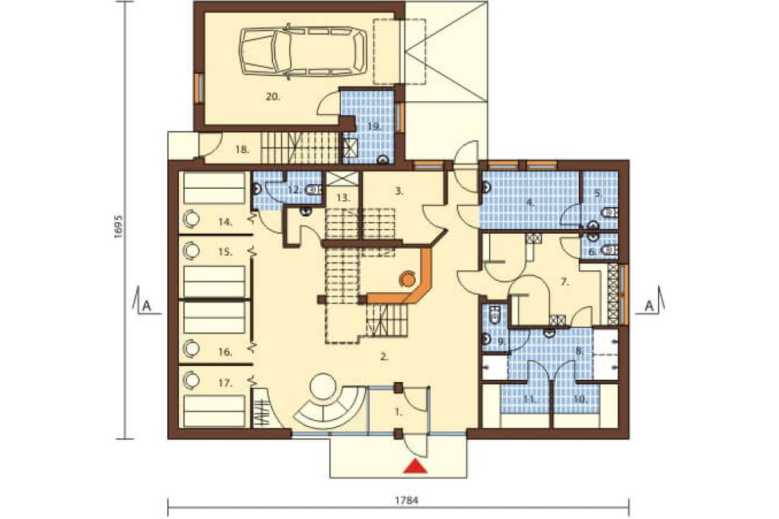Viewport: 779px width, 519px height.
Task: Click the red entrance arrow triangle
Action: click(415, 466)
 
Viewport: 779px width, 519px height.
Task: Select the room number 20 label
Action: click(272, 97)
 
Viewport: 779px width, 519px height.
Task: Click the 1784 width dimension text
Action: click(406, 501)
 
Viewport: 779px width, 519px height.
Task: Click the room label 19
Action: click(374, 126)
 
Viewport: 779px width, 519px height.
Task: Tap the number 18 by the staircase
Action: click(242, 149)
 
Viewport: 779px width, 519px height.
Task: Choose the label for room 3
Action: click(399, 190)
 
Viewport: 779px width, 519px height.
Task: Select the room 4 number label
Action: click(529, 202)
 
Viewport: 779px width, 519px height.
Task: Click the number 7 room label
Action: click(564, 282)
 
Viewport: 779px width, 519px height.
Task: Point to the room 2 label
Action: click(383, 356)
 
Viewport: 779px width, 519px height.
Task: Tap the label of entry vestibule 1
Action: click(399, 412)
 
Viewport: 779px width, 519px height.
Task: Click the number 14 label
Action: click(225, 222)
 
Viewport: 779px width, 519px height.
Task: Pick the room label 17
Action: click(225, 383)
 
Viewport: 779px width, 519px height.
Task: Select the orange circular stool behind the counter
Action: click(408, 279)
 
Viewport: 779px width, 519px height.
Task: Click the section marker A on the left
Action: click(146, 305)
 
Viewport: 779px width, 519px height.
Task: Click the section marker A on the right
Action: click(649, 306)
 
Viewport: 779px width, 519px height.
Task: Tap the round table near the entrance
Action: click(323, 387)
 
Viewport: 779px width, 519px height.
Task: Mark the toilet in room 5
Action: click(609, 213)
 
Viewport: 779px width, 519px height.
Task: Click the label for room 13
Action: click(343, 197)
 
